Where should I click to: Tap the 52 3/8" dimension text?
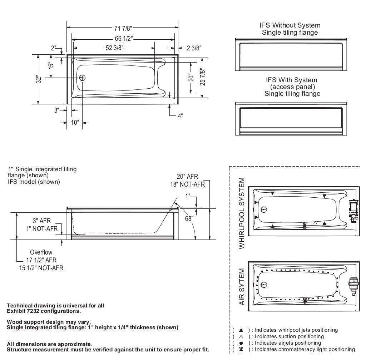coord(113,48)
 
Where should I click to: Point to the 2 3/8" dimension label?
coord(194,48)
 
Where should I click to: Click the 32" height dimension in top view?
coord(39,79)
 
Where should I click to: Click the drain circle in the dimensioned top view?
coord(83,78)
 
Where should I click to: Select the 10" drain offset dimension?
coord(75,123)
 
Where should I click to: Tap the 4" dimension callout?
coord(180,116)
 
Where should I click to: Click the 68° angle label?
coord(189,218)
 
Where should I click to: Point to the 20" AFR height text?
coord(187,177)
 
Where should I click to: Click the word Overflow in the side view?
coord(41,252)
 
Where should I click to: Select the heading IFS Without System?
coord(290,25)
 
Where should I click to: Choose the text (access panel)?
coord(292,87)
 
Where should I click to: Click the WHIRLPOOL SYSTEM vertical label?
coord(242,213)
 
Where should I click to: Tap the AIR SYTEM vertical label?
coord(242,287)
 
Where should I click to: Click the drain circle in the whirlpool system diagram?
coord(264,210)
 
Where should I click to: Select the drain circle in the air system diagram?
coord(264,285)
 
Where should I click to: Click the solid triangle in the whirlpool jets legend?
coord(241,330)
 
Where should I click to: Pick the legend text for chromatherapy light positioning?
coord(305,349)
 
